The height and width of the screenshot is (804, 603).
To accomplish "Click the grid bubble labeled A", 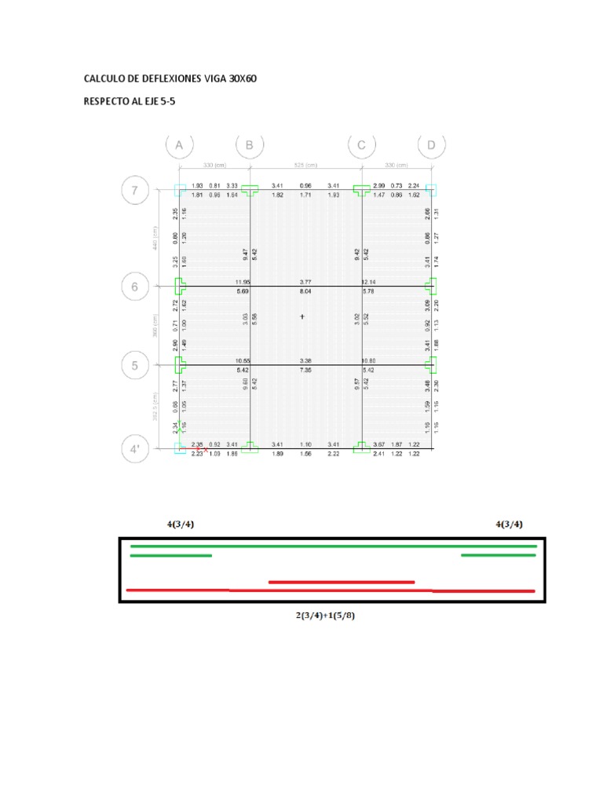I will click(179, 146).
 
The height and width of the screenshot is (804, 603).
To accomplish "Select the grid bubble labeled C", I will click(362, 146).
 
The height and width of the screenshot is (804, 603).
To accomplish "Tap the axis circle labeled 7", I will click(134, 190).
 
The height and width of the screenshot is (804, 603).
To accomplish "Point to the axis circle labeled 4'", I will click(134, 451).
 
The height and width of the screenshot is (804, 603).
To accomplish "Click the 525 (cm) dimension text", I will click(305, 166).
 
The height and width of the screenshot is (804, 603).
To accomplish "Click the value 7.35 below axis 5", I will click(305, 369).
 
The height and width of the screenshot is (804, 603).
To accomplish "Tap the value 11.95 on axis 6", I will click(243, 282).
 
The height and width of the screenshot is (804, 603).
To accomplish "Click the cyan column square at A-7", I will click(179, 190).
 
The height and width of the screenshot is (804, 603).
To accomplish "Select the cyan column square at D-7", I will click(430, 190).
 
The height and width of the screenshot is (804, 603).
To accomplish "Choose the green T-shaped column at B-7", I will click(250, 190).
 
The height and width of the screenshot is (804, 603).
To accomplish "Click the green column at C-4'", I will click(362, 447).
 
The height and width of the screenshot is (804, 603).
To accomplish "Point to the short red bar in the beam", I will click(341, 582).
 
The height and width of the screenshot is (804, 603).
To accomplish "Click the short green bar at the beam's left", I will click(170, 556).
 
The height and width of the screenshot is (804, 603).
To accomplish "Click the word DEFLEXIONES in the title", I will click(173, 79).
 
